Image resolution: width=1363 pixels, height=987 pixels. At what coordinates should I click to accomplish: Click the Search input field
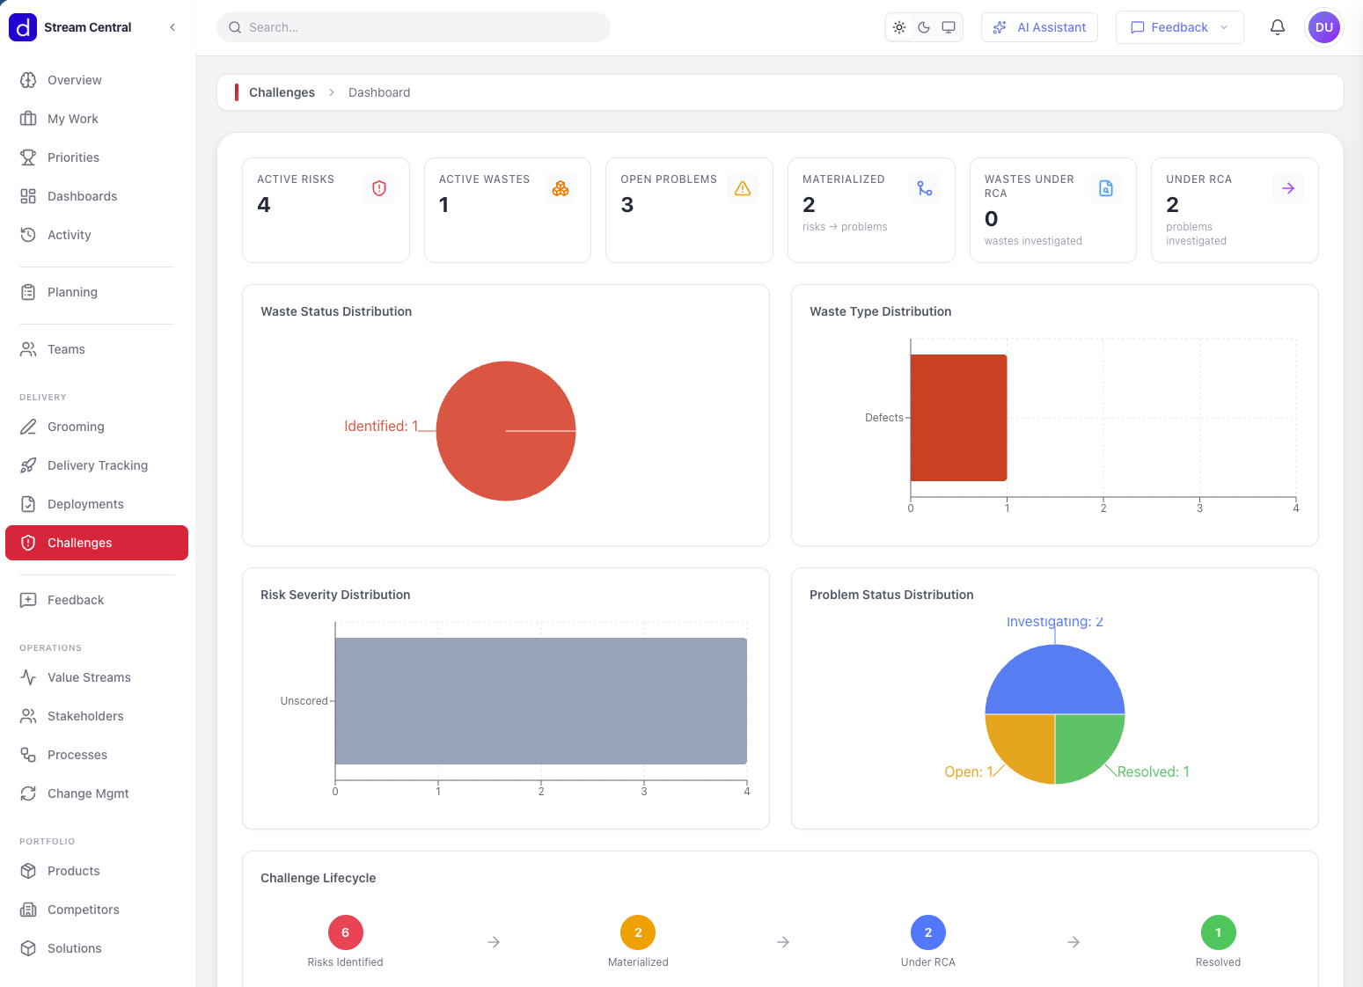pyautogui.click(x=414, y=27)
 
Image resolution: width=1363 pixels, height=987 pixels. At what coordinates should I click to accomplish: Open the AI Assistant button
pyautogui.click(x=1039, y=27)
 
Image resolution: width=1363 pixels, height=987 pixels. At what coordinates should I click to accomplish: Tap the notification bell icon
pyautogui.click(x=1278, y=27)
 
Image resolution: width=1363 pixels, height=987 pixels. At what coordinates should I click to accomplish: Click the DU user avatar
pyautogui.click(x=1324, y=27)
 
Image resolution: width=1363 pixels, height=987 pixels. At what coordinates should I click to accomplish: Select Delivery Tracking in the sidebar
pyautogui.click(x=97, y=465)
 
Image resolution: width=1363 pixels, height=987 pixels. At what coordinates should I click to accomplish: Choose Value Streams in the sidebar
pyautogui.click(x=88, y=677)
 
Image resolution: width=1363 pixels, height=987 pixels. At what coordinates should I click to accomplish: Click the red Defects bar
pyautogui.click(x=958, y=418)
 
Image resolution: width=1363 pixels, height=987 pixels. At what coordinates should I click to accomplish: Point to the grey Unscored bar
pyautogui.click(x=540, y=701)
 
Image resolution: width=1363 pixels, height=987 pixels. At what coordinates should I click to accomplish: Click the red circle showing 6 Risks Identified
pyautogui.click(x=346, y=932)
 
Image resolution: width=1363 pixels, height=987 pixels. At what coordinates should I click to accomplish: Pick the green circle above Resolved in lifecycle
pyautogui.click(x=1218, y=932)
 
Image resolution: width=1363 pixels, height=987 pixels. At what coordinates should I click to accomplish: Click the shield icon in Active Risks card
pyautogui.click(x=379, y=188)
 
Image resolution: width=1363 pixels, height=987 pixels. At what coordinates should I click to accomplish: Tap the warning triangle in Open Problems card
pyautogui.click(x=743, y=188)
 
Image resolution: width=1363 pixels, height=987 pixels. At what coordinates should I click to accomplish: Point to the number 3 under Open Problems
pyautogui.click(x=627, y=205)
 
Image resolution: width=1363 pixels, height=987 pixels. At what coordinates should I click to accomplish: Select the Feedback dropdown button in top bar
pyautogui.click(x=1179, y=27)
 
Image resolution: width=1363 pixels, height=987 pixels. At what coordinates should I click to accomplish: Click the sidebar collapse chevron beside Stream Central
pyautogui.click(x=172, y=27)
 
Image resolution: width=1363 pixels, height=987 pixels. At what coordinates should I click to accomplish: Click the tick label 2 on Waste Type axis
pyautogui.click(x=1103, y=508)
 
